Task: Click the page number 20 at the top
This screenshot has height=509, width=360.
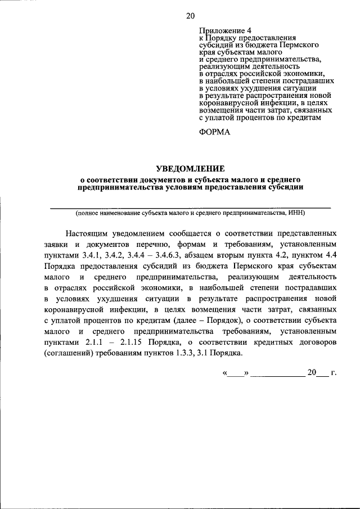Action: pos(190,16)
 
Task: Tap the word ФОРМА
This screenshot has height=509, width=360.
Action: pos(216,132)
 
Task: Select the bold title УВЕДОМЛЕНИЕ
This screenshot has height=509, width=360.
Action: pos(190,168)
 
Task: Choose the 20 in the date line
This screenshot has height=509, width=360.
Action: pos(311,373)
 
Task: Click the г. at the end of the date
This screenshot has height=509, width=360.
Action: pos(333,373)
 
